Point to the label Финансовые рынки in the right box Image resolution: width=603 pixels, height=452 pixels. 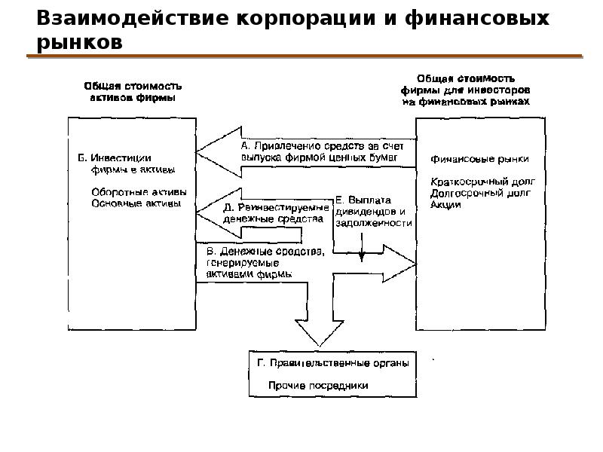[x=479, y=160]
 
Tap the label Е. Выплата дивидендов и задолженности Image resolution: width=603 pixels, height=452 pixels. [x=374, y=211]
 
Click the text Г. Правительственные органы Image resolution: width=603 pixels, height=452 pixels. [x=332, y=363]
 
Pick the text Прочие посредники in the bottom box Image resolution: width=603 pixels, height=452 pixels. [x=319, y=385]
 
